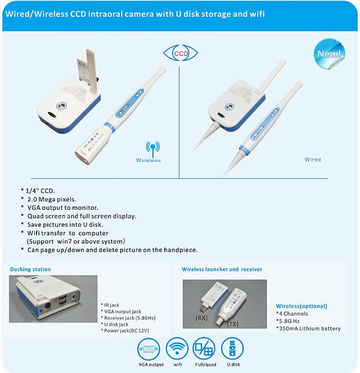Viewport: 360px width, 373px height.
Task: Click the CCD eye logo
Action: point(181,53)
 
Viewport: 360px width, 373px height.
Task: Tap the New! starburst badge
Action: point(329,54)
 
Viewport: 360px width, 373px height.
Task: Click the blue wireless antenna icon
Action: point(153,149)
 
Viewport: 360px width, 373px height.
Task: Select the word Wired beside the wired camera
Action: point(313,159)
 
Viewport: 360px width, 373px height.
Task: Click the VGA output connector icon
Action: point(149,349)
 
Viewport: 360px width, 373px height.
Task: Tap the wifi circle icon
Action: point(177,349)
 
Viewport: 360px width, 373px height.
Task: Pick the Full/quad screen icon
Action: point(204,349)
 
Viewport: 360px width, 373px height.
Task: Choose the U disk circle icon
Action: point(232,349)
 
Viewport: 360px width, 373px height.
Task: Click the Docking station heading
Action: point(30,269)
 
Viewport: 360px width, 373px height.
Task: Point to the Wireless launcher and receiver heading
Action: point(222,269)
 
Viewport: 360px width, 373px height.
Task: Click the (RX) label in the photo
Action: point(201,318)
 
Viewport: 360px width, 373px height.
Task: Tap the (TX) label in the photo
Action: point(232,324)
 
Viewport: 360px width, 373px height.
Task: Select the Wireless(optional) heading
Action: point(301,306)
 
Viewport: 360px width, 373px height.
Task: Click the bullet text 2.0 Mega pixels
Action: point(52,199)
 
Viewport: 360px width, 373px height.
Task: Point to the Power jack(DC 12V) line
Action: point(125,331)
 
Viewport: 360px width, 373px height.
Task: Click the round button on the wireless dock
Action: point(61,106)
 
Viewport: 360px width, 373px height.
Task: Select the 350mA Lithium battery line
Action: point(308,329)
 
